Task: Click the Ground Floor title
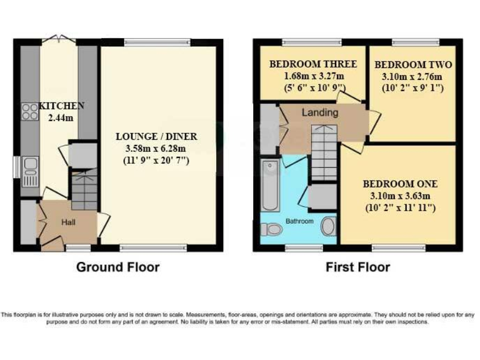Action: [117, 267]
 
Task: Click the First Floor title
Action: [357, 267]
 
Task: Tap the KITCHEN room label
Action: [61, 106]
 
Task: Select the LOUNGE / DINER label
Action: [157, 136]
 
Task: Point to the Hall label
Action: [68, 222]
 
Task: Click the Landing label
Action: [319, 113]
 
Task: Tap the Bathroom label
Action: [299, 221]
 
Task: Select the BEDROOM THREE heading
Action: [312, 64]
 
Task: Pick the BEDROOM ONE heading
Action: [400, 184]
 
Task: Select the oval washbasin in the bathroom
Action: [328, 226]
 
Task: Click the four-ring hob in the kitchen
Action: [29, 111]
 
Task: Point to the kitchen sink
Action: [29, 169]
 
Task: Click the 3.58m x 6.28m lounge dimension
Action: [156, 148]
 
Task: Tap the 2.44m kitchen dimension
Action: [61, 117]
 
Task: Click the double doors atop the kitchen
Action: [58, 39]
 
